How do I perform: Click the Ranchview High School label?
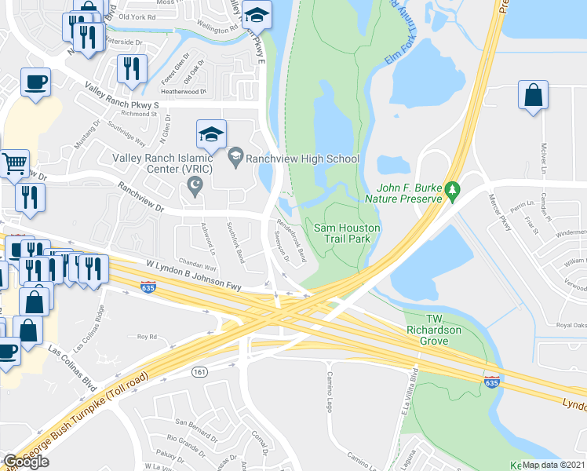click(x=303, y=159)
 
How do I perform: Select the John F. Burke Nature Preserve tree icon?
click(x=451, y=189)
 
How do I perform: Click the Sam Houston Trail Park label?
click(x=347, y=233)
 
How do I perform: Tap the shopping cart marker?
click(x=14, y=163)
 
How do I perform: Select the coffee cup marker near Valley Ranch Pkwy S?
click(x=35, y=81)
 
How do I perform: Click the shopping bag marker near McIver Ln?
click(x=533, y=95)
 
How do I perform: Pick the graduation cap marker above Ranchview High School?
click(x=211, y=134)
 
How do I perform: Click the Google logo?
click(x=26, y=461)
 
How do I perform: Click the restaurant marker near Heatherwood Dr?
click(x=132, y=68)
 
